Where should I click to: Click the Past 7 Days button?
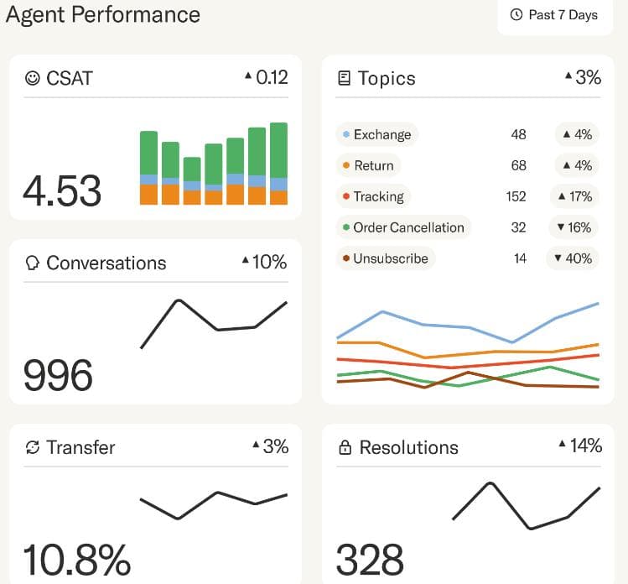[x=554, y=15]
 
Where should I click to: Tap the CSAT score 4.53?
[x=62, y=191]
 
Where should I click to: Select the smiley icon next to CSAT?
[x=33, y=78]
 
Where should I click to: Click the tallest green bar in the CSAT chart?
[x=279, y=151]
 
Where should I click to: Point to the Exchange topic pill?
[x=376, y=134]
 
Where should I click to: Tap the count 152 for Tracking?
[x=516, y=196]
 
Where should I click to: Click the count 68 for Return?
[x=518, y=165]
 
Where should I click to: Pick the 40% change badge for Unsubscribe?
[x=573, y=258]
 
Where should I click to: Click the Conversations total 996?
[x=58, y=375]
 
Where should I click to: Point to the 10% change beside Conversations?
[x=264, y=262]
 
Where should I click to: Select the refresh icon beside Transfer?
[x=33, y=447]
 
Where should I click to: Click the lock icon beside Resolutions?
[x=345, y=448]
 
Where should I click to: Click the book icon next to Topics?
[x=344, y=78]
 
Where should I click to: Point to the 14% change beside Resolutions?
[x=580, y=446]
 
